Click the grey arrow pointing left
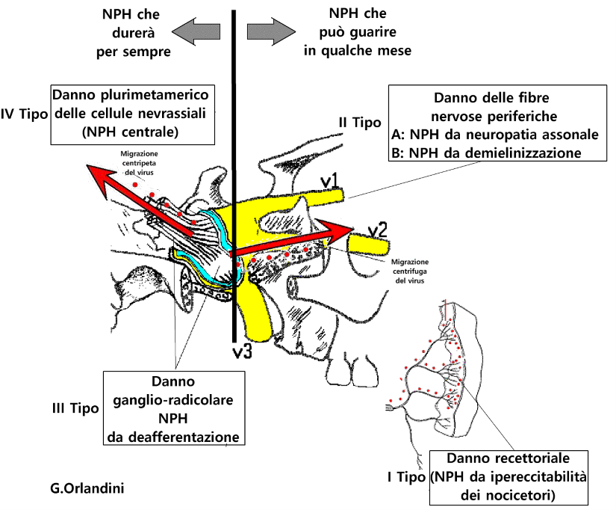point(196,31)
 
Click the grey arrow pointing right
point(271,31)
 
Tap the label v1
point(329,182)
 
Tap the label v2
point(377,230)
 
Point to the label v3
point(242,351)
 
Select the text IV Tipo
point(24,114)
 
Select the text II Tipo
point(360,123)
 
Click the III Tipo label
point(75,408)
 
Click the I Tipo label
point(406,477)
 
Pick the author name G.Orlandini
point(87,488)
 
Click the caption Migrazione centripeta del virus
point(139,163)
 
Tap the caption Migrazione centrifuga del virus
point(410,271)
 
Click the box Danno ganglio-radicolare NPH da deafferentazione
point(174,408)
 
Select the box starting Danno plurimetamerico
point(133,114)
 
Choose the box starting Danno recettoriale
point(508,477)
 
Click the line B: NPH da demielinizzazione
point(486,153)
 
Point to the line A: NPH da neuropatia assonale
point(495,135)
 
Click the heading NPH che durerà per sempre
point(133,33)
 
